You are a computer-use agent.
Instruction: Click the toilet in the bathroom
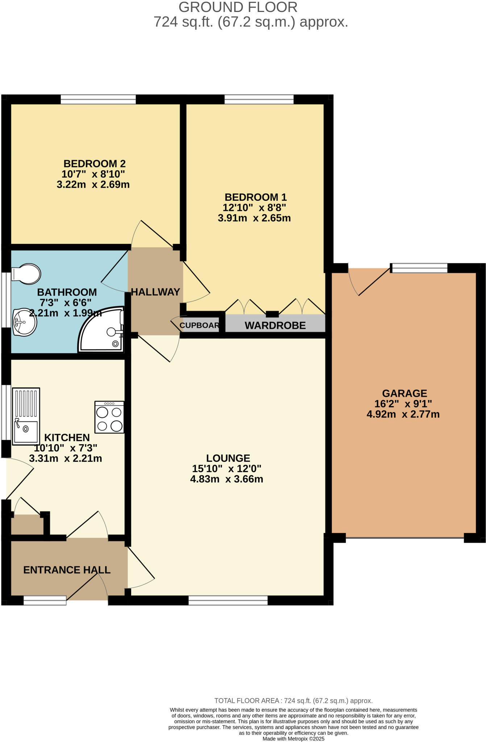(26, 274)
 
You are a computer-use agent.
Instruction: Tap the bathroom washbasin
(24, 322)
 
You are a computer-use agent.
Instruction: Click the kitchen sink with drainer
(26, 416)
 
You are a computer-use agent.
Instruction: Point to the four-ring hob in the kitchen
(109, 417)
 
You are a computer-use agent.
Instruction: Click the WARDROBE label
(275, 325)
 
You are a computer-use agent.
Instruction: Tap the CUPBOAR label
(199, 325)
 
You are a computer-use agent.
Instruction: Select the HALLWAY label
(155, 292)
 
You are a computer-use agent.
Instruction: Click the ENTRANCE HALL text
(67, 570)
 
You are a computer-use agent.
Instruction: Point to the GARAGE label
(404, 393)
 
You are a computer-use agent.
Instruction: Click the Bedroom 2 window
(98, 99)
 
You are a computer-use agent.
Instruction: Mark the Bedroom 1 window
(259, 99)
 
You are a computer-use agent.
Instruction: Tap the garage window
(420, 268)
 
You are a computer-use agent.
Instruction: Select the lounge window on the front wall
(228, 601)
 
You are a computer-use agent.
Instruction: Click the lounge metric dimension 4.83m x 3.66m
(227, 479)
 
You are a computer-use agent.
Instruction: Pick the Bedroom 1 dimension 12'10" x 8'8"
(254, 208)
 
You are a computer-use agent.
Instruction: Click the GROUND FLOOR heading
(238, 7)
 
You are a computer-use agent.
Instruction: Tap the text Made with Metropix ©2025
(293, 738)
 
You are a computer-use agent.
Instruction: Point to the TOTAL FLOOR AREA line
(293, 701)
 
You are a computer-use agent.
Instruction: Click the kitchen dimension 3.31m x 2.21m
(65, 458)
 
